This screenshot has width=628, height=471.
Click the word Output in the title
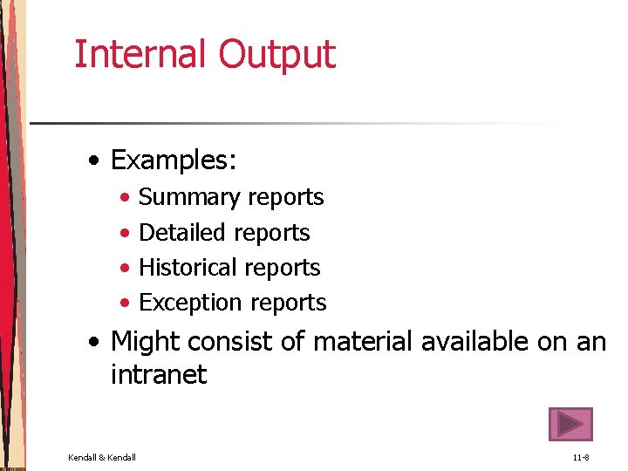point(276,54)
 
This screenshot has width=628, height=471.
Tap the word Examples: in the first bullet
point(174,161)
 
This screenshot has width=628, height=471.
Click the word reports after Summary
point(284,198)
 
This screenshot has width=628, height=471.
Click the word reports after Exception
point(287,304)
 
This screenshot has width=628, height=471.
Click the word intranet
point(159,375)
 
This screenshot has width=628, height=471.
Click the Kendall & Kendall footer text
point(102,457)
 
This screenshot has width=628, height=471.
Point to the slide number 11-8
point(582,457)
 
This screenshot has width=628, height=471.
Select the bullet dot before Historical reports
point(126,269)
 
